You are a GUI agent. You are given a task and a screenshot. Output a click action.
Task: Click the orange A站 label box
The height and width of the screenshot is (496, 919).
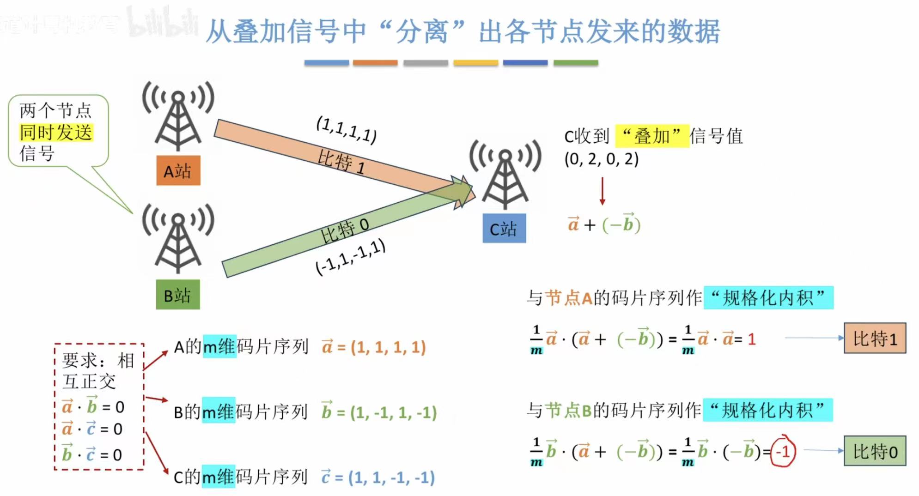pyautogui.click(x=178, y=171)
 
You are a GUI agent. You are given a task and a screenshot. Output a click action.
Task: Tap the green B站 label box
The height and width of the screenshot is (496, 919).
pyautogui.click(x=177, y=295)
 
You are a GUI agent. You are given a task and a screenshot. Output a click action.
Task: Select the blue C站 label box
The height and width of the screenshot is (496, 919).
pyautogui.click(x=504, y=229)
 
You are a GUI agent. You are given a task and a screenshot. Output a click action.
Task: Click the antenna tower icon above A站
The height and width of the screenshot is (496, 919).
pyautogui.click(x=178, y=115)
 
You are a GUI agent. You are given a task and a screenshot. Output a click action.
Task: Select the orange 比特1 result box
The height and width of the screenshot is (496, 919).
pyautogui.click(x=874, y=339)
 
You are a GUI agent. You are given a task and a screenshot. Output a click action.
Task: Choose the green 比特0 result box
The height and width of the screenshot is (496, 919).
pyautogui.click(x=874, y=451)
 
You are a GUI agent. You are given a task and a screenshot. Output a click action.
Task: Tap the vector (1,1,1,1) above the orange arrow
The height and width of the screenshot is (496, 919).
pyautogui.click(x=347, y=129)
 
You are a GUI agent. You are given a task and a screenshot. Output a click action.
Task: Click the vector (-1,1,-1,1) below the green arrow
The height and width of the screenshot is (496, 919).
pyautogui.click(x=350, y=258)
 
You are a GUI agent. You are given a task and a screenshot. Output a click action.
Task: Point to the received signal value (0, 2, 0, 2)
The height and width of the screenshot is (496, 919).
pyautogui.click(x=601, y=159)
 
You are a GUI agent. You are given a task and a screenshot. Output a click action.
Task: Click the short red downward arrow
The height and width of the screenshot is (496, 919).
pyautogui.click(x=602, y=191)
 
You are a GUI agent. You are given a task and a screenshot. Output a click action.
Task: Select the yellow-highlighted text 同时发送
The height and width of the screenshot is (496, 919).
pyautogui.click(x=56, y=133)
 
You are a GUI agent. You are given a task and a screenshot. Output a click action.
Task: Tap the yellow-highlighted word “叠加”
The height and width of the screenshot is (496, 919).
pyautogui.click(x=651, y=136)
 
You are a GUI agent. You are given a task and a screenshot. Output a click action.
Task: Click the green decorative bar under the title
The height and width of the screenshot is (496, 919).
pyautogui.click(x=575, y=63)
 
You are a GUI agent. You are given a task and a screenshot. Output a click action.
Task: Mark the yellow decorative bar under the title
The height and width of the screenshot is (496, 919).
pyautogui.click(x=475, y=63)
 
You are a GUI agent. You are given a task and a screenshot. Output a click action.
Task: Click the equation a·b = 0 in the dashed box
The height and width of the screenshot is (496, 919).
pyautogui.click(x=93, y=406)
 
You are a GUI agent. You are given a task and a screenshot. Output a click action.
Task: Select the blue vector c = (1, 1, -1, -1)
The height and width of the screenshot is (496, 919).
pyautogui.click(x=378, y=477)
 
